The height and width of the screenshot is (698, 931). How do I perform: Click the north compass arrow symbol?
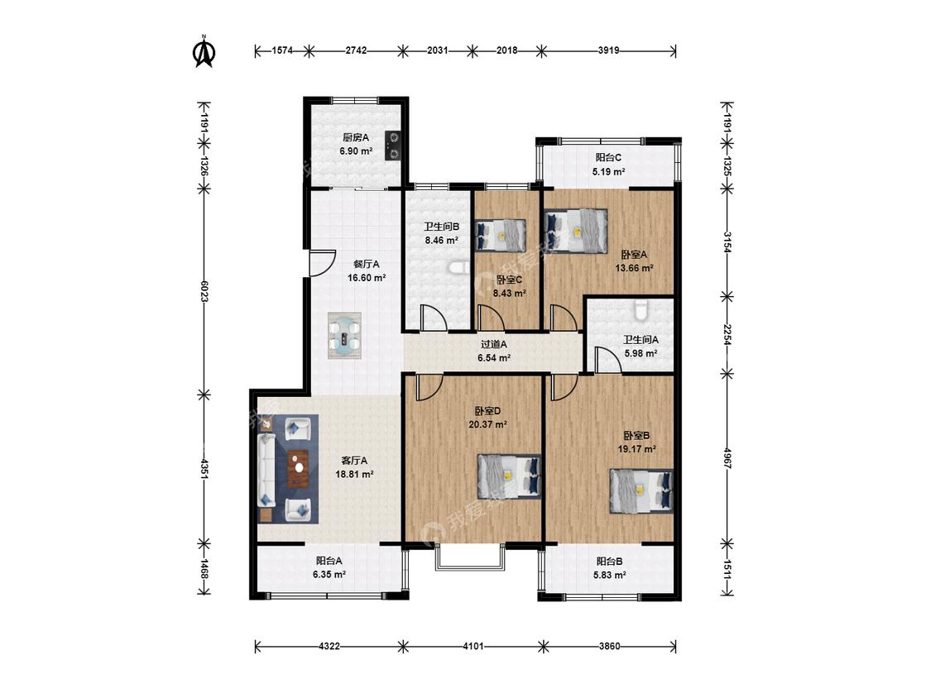coord(204,51)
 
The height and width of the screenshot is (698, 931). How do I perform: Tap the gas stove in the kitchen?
coord(392,146)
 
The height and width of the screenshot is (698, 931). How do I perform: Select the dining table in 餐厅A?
coord(345,335)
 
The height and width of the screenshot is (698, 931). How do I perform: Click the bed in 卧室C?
coord(501,234)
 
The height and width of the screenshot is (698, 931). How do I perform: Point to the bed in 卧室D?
coord(510,476)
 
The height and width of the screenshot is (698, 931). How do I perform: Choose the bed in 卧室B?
coord(641,491)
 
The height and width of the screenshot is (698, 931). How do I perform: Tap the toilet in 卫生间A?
coord(640,310)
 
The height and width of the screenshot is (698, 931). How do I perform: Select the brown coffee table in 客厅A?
coord(298,469)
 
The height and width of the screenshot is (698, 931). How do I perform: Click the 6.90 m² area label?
coord(356,151)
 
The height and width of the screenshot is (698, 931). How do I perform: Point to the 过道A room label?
coord(493,344)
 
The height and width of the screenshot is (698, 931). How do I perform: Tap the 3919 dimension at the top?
coord(608,51)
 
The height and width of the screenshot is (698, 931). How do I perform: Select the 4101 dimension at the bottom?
coord(473,646)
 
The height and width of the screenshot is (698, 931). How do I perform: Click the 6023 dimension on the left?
coord(204,291)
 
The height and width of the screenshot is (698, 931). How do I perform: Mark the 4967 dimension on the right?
coord(727,458)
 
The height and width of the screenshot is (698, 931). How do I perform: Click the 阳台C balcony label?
coord(608,158)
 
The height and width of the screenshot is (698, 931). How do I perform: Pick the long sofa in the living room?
coord(266,470)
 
